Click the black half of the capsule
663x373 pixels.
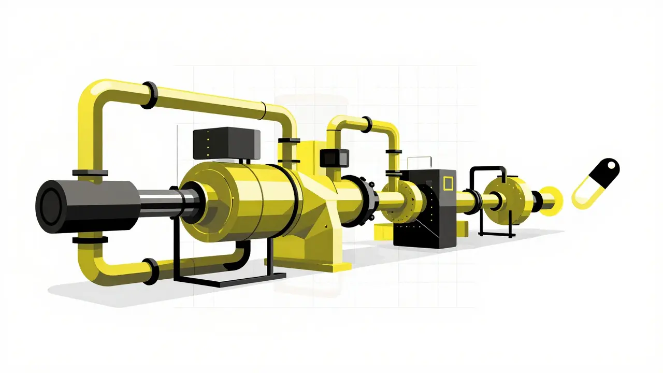605,173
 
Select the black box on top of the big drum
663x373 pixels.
226,144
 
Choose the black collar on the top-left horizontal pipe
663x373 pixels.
148,95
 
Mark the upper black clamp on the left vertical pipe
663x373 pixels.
90,173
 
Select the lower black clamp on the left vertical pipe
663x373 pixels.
90,239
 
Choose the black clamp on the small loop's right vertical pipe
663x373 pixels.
394,151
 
